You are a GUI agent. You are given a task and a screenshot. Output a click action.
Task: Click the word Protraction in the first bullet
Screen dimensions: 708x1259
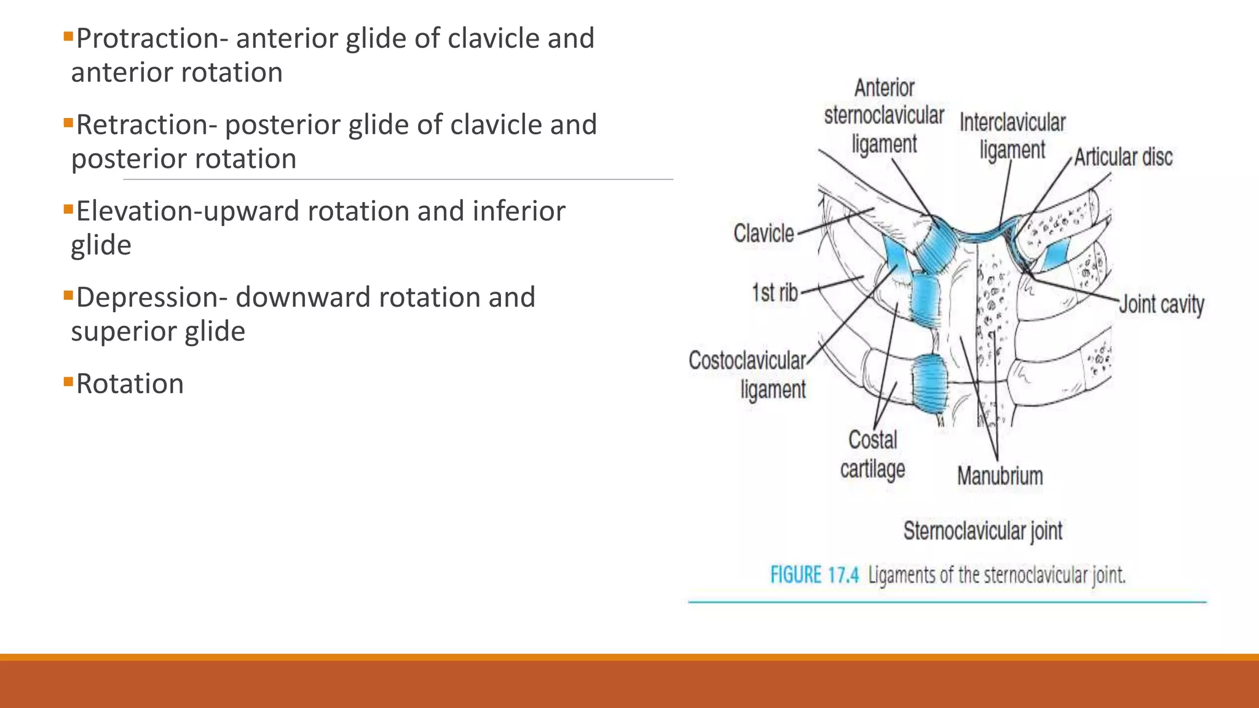pyautogui.click(x=146, y=39)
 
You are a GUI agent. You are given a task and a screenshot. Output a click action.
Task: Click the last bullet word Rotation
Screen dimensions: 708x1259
pyautogui.click(x=130, y=384)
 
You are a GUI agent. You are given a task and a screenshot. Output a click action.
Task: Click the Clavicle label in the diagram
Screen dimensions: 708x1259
pyautogui.click(x=764, y=234)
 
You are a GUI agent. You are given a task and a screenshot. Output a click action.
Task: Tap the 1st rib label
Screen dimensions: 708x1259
pyautogui.click(x=775, y=293)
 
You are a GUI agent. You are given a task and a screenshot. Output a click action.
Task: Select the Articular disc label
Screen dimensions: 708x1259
pyautogui.click(x=1123, y=157)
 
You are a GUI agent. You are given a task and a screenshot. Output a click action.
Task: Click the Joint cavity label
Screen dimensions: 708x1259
pyautogui.click(x=1161, y=304)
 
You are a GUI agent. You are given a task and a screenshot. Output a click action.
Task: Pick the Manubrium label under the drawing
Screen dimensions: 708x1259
pyautogui.click(x=1000, y=476)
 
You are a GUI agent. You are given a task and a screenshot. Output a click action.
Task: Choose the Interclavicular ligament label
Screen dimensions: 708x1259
pyautogui.click(x=1012, y=136)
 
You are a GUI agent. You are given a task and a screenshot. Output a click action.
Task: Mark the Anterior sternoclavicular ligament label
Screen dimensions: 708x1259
pyautogui.click(x=884, y=116)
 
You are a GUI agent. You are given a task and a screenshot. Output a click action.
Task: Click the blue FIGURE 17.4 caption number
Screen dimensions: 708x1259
pyautogui.click(x=815, y=576)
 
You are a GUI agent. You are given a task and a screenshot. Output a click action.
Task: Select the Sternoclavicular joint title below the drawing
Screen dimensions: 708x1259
pyautogui.click(x=982, y=530)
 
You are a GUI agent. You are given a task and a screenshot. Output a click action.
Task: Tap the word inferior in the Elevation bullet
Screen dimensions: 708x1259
pyautogui.click(x=518, y=211)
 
